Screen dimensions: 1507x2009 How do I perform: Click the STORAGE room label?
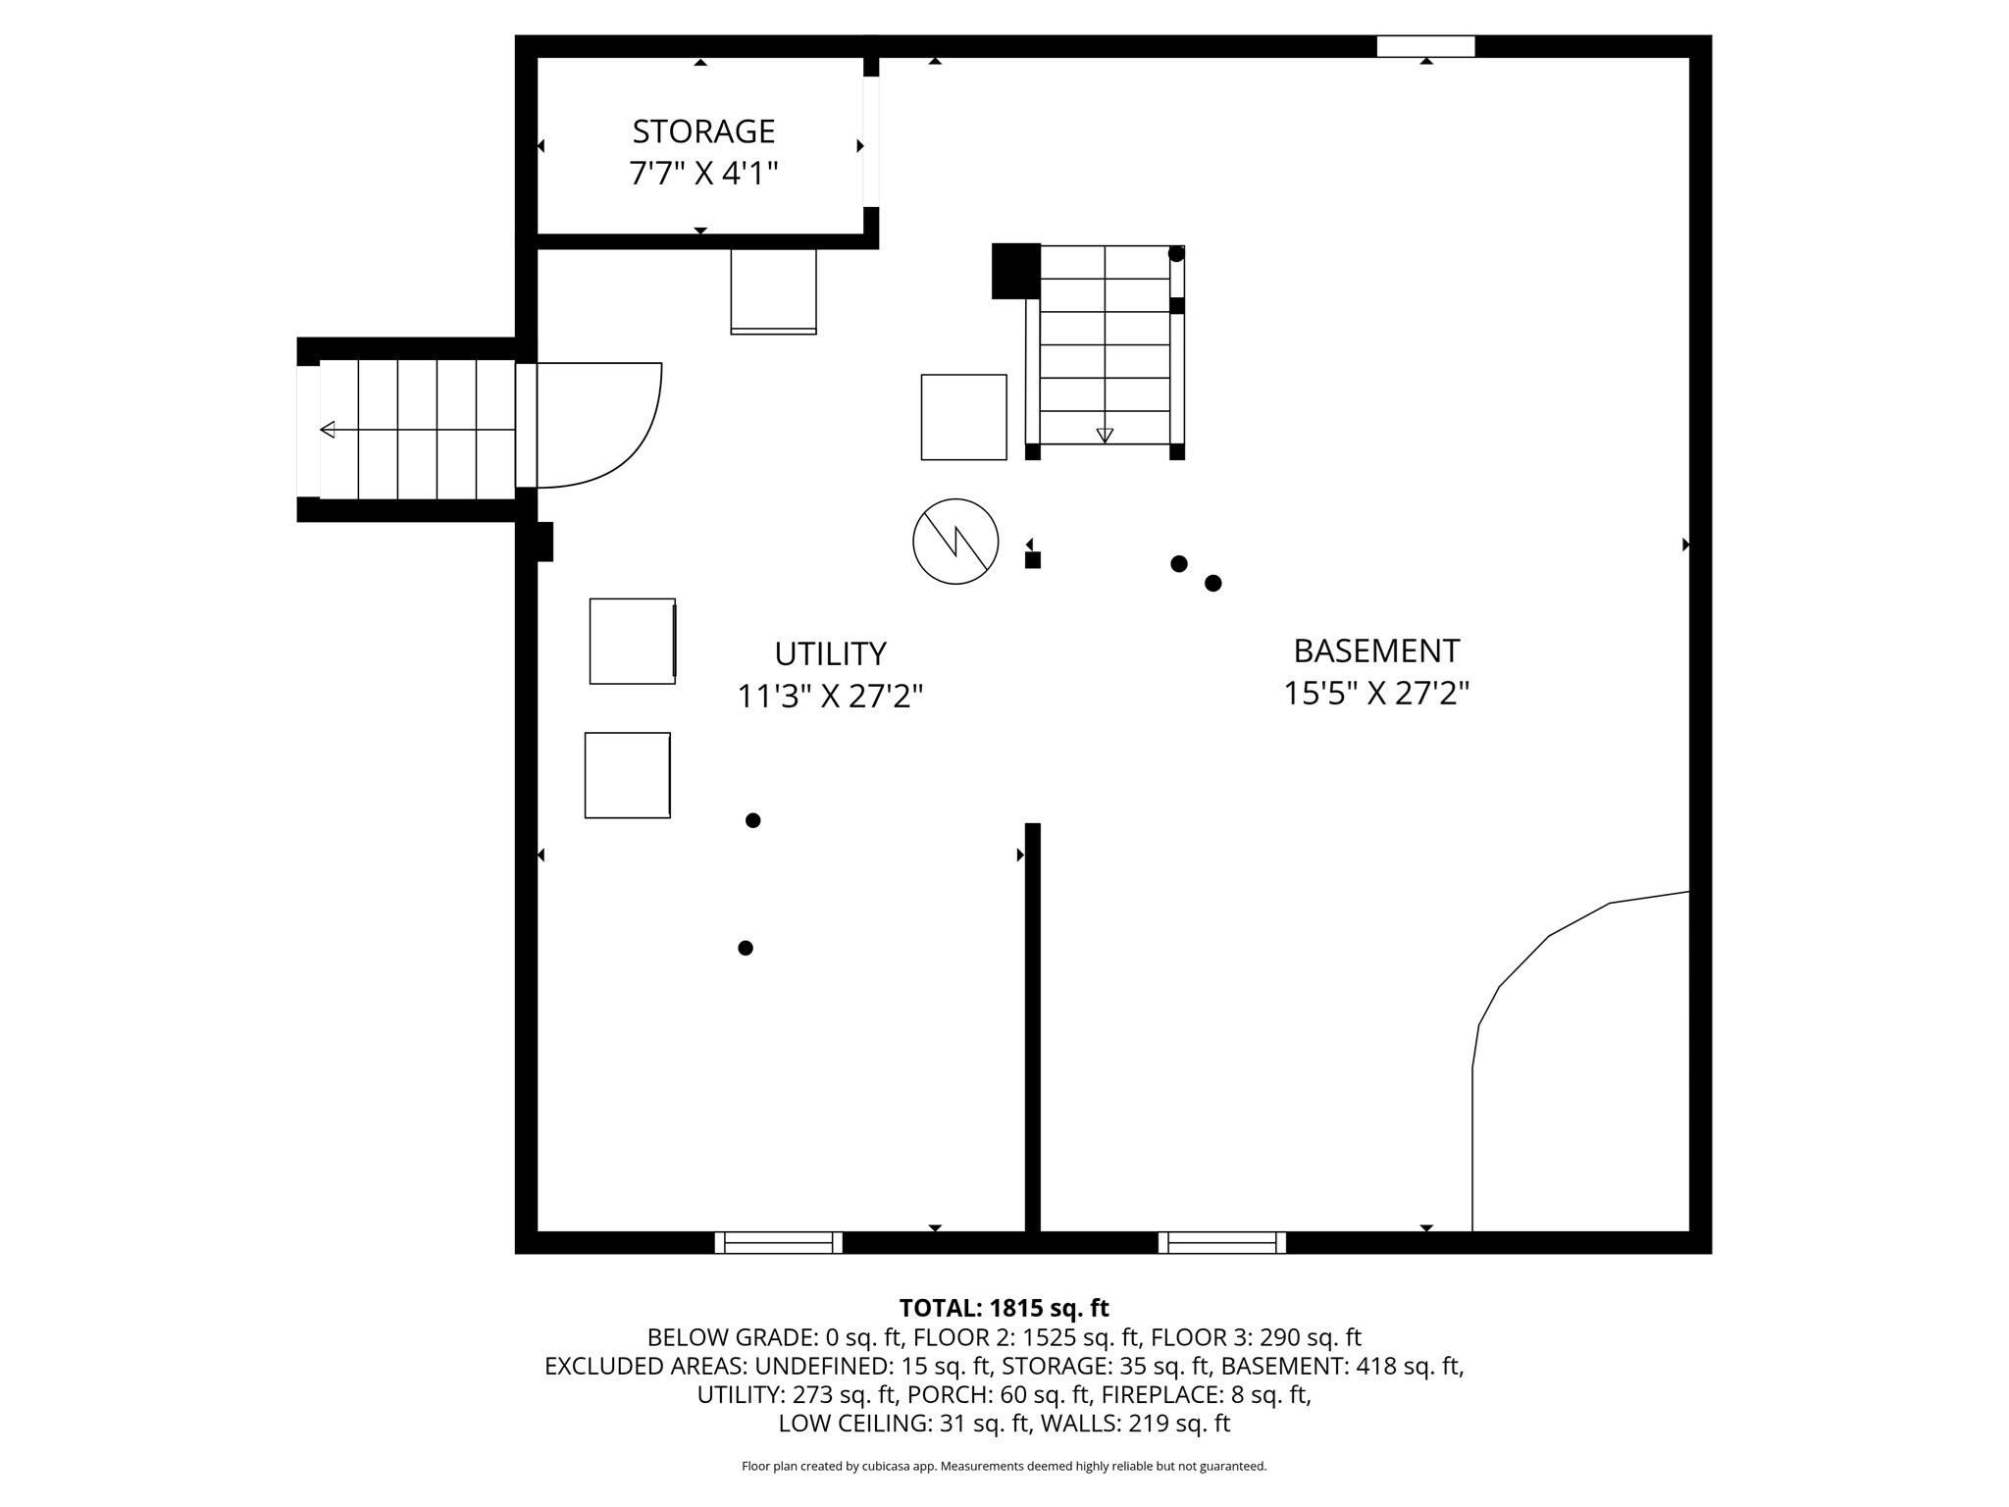coord(703,130)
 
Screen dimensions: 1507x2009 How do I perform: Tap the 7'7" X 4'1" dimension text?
coord(703,174)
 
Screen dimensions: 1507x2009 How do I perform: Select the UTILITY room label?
coord(830,653)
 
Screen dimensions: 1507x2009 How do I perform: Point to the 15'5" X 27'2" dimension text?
coord(1376,694)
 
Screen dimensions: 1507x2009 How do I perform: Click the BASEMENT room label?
coord(1376,650)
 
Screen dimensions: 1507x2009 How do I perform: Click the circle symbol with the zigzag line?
coord(955,542)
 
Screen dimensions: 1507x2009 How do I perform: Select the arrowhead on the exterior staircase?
coord(328,430)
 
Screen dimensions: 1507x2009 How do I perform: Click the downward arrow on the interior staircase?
coord(1105,435)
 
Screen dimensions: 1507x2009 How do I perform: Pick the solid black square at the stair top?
coord(1015,271)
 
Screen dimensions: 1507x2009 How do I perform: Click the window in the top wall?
coord(1425,46)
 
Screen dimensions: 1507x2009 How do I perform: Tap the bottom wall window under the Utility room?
coord(778,1242)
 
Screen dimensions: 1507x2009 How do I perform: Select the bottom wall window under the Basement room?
coord(1221,1242)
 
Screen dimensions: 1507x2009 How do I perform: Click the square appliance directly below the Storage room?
coord(773,291)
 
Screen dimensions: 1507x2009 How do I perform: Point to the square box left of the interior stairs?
coord(963,417)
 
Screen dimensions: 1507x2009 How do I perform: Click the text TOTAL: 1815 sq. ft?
coord(1004,1308)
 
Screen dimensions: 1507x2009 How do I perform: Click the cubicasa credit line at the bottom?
coord(1004,1466)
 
